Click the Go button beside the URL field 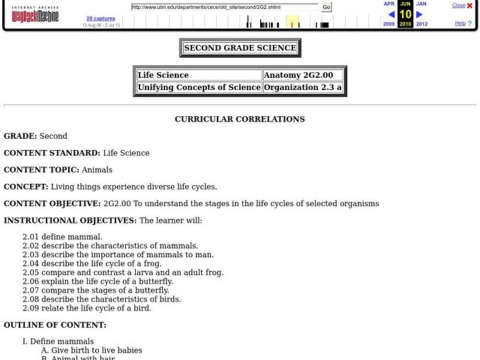(326, 7)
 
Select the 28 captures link (97, 19)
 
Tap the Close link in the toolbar (458, 5)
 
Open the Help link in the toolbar (460, 23)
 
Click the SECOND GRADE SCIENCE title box (240, 48)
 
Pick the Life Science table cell (199, 75)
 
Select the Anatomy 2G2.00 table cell (303, 75)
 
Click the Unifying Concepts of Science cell (199, 87)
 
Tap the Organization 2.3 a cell (303, 87)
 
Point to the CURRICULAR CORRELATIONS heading (239, 119)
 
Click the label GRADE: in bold (20, 136)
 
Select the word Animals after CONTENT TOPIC (97, 170)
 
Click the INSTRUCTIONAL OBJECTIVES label (70, 220)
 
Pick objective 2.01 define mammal (62, 237)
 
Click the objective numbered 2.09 (87, 308)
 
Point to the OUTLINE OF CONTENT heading (55, 325)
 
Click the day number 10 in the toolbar (405, 14)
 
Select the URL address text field (224, 7)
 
